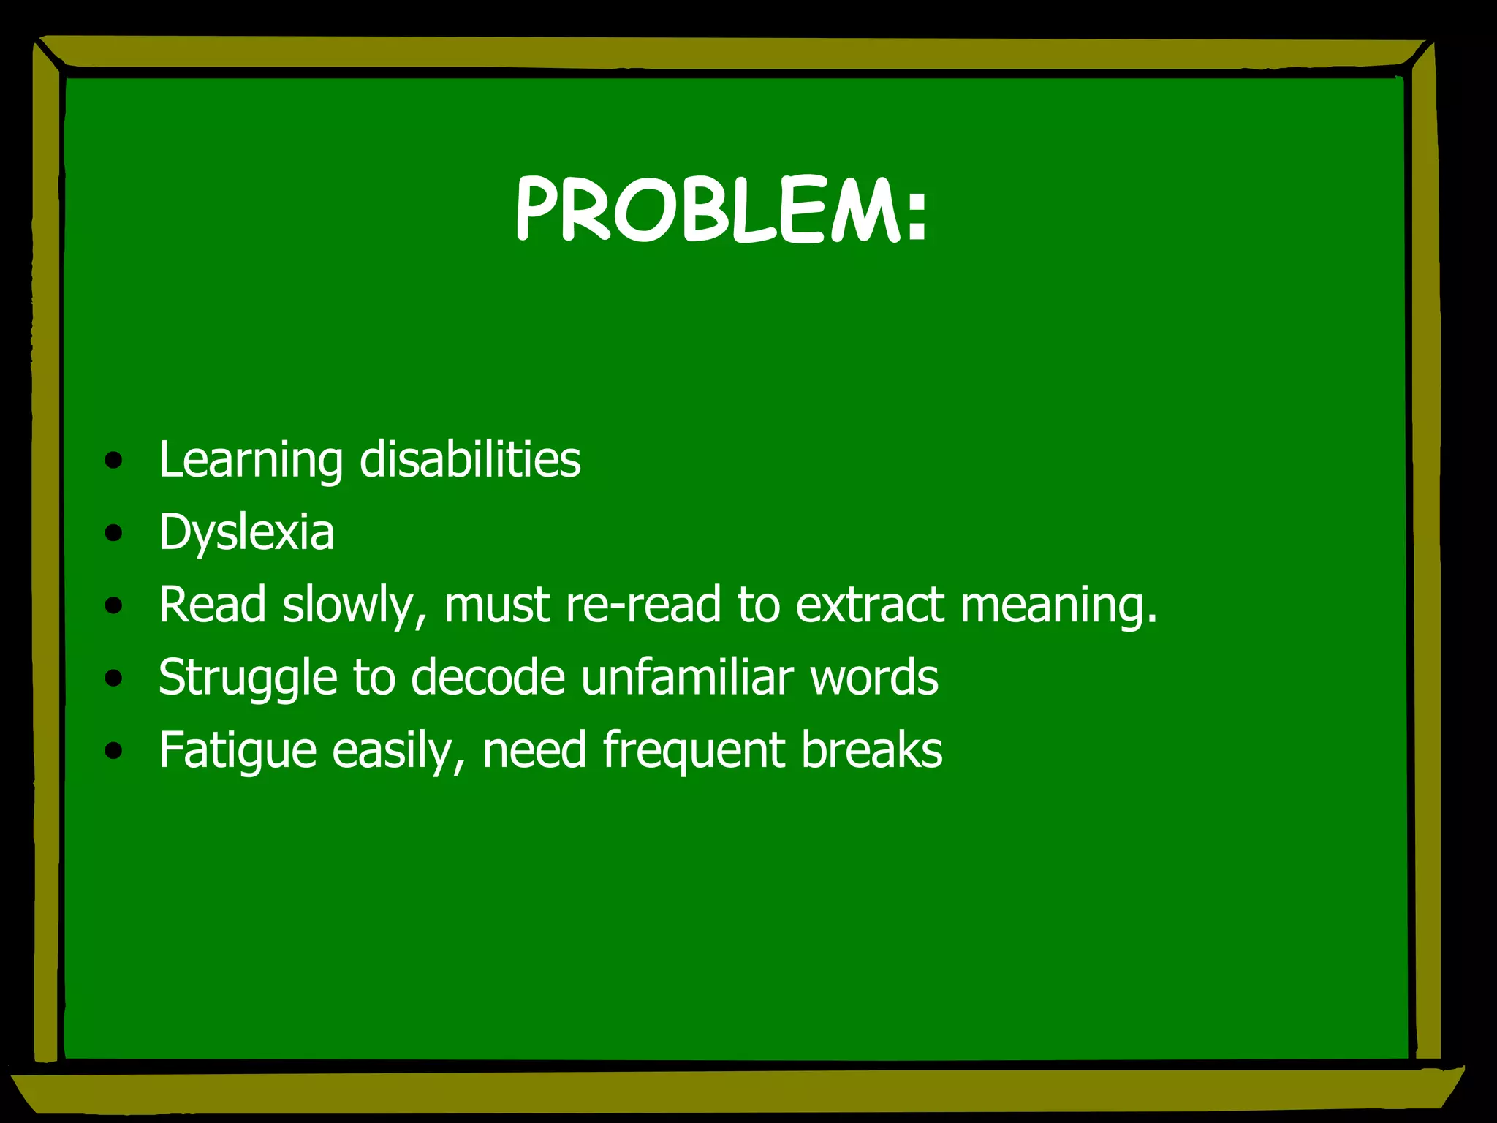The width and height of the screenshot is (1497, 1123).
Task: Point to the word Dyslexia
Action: [246, 533]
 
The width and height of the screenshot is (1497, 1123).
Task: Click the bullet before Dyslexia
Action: [113, 534]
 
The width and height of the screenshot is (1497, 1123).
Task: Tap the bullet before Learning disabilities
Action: [113, 461]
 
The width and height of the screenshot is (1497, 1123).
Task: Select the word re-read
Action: [643, 605]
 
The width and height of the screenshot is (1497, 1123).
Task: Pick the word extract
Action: [869, 605]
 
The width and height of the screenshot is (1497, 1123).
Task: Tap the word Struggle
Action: [247, 678]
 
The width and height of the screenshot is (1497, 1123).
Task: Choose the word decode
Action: [488, 677]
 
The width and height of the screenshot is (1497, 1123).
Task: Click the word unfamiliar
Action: [687, 677]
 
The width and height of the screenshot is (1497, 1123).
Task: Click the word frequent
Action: [693, 751]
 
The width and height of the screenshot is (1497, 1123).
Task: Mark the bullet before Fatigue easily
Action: [113, 751]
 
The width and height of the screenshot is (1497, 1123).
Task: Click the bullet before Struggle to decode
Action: [113, 678]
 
